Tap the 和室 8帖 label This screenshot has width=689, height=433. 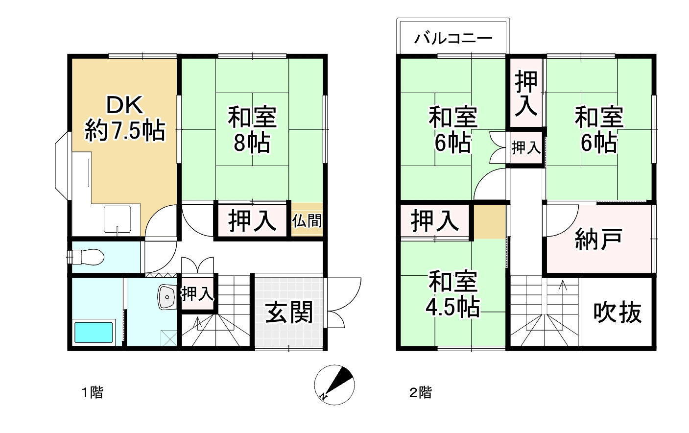pyautogui.click(x=252, y=130)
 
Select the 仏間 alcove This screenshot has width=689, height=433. pyautogui.click(x=308, y=220)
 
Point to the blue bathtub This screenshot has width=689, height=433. pyautogui.click(x=93, y=333)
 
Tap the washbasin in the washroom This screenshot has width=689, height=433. pyautogui.click(x=167, y=297)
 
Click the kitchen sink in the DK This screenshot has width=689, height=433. pyautogui.click(x=117, y=219)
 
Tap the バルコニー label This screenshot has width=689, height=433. pyautogui.click(x=453, y=38)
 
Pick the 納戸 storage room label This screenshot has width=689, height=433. pyautogui.click(x=598, y=239)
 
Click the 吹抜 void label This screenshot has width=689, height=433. pyautogui.click(x=617, y=312)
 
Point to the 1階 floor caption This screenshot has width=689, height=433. pyautogui.click(x=92, y=392)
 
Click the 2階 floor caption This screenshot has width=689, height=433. pyautogui.click(x=420, y=392)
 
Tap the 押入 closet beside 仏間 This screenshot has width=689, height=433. pyautogui.click(x=252, y=220)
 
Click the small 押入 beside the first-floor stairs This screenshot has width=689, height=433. pyautogui.click(x=197, y=294)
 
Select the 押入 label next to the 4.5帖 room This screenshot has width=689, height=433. pyautogui.click(x=435, y=220)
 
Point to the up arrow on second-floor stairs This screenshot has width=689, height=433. pyautogui.click(x=562, y=287)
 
